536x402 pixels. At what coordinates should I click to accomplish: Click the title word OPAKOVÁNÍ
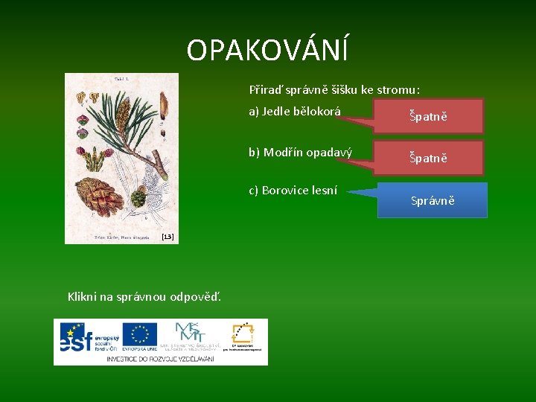coord(267,51)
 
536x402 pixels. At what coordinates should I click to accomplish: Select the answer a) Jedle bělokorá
coord(294,112)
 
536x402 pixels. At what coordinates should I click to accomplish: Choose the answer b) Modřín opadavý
coord(300,153)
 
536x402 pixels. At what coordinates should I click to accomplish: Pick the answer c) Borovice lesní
coord(293,191)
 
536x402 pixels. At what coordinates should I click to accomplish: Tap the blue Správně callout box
coord(432,200)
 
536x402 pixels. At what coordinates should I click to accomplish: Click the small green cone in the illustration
coord(138,198)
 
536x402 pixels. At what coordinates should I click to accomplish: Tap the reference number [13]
coord(167,237)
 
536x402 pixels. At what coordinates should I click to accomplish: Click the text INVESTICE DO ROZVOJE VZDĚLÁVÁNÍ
coord(160,359)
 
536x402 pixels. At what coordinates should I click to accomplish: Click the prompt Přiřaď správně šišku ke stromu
coord(334,90)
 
